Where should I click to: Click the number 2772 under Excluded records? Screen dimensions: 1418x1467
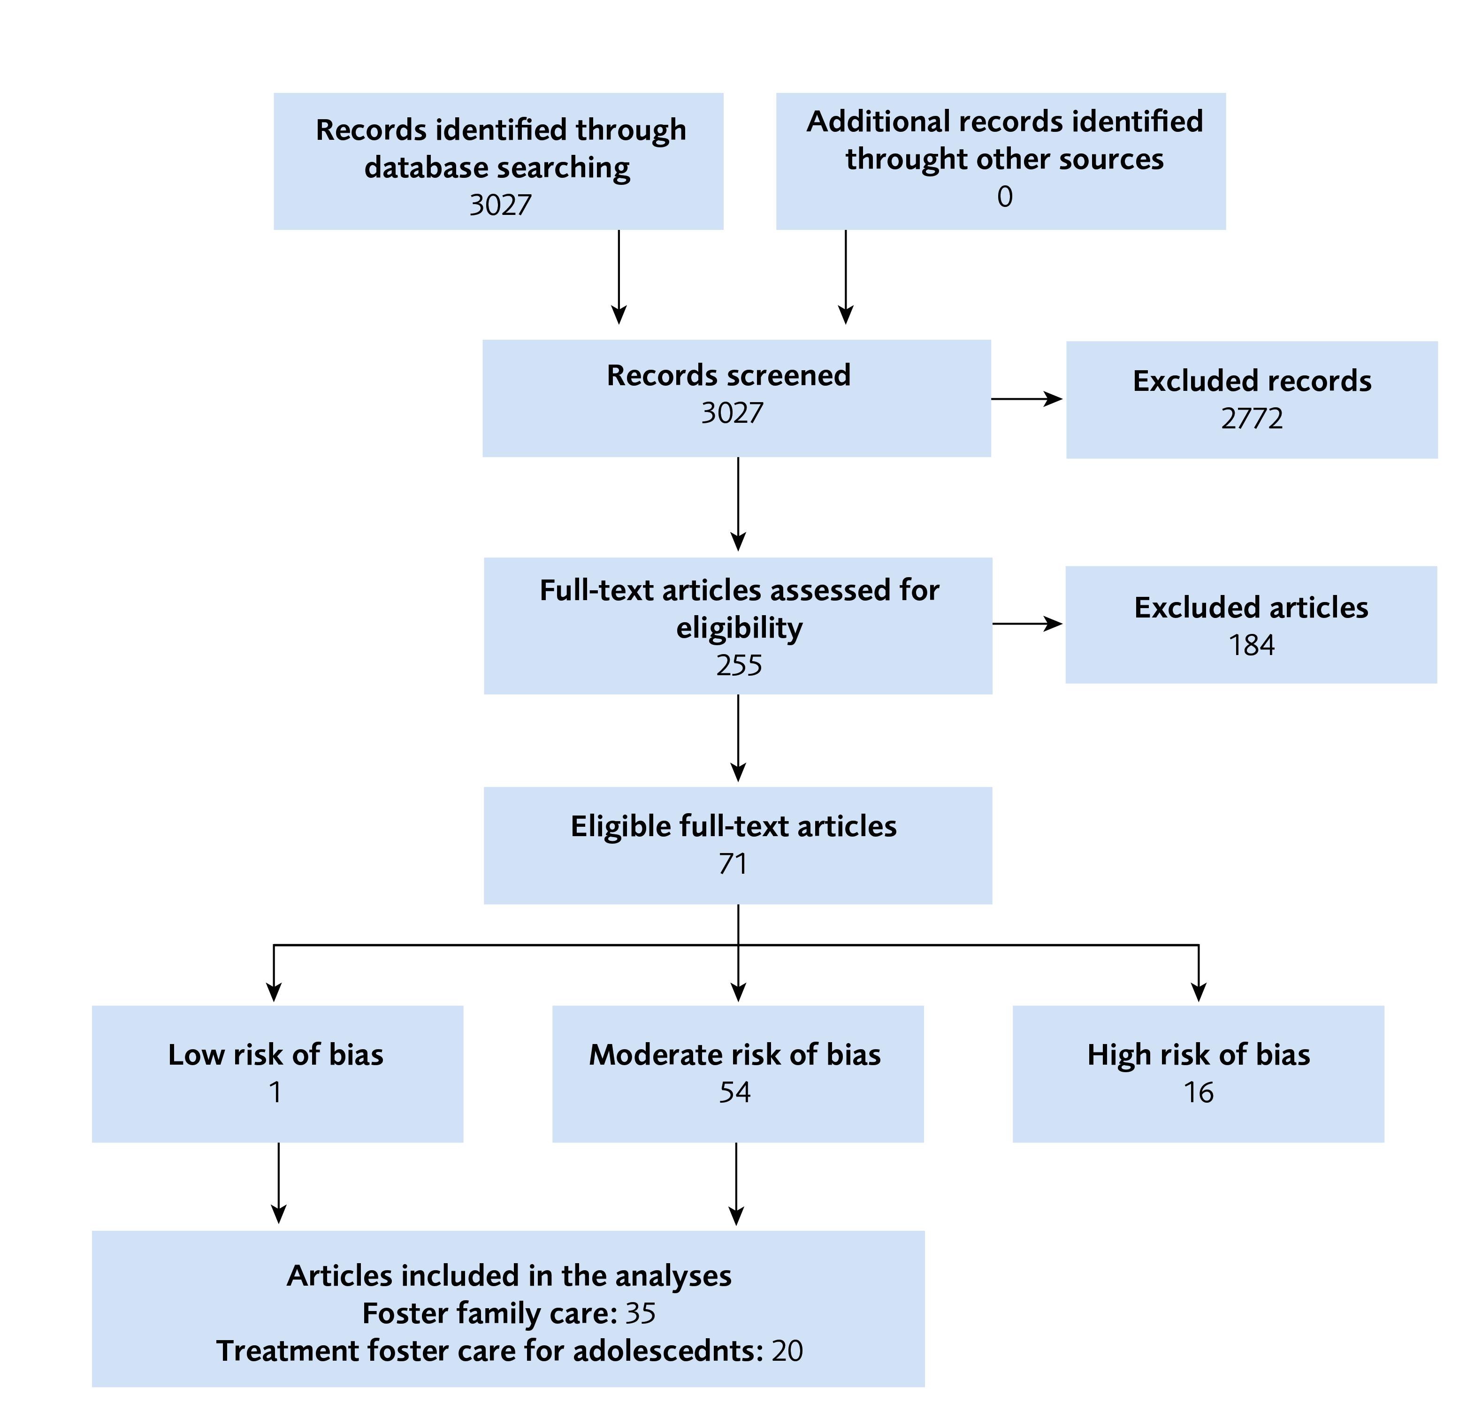click(1252, 418)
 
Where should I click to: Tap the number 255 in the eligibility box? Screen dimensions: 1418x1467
click(739, 665)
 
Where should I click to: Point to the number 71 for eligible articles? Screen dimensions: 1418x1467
click(733, 864)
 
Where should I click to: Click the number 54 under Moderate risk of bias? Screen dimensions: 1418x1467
click(734, 1092)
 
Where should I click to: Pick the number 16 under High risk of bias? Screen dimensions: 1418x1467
click(1198, 1092)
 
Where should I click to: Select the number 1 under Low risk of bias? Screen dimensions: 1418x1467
click(275, 1092)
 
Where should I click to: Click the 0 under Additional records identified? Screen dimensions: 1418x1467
click(1004, 197)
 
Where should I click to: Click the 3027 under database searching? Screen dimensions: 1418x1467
click(500, 205)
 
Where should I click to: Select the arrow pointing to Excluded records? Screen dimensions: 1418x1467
click(1027, 399)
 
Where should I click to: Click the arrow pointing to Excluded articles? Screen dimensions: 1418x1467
click(1027, 623)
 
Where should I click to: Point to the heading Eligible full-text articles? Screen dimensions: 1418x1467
click(733, 826)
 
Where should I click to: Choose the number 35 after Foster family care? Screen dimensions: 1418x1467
click(640, 1313)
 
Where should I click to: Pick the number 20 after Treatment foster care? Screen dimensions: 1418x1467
click(787, 1350)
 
